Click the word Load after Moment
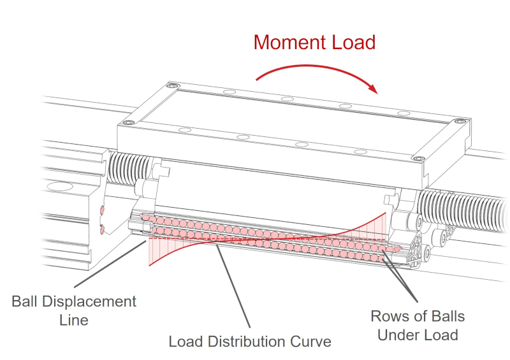click(x=353, y=42)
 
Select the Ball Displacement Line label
click(x=74, y=310)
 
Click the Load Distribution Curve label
click(x=249, y=342)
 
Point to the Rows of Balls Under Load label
click(x=418, y=325)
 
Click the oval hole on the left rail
click(x=61, y=187)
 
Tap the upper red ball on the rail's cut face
click(x=101, y=209)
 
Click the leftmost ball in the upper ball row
click(x=145, y=218)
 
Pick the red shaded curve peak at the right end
click(x=381, y=226)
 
